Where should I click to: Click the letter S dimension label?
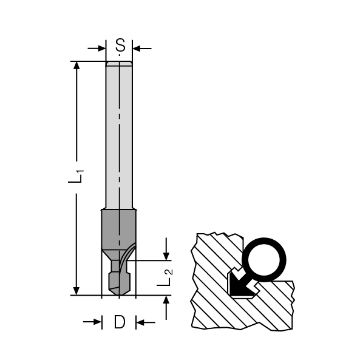pyautogui.click(x=120, y=45)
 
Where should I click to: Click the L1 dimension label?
pyautogui.click(x=76, y=177)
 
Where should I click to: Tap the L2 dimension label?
pyautogui.click(x=165, y=277)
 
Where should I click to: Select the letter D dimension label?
pyautogui.click(x=120, y=322)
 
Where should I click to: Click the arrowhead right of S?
pyautogui.click(x=137, y=49)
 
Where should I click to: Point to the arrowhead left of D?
pyautogui.click(x=97, y=322)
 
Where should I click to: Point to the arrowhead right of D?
pyautogui.click(x=140, y=322)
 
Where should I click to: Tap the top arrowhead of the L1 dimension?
pyautogui.click(x=76, y=66)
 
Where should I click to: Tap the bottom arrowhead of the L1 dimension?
pyautogui.click(x=76, y=291)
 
